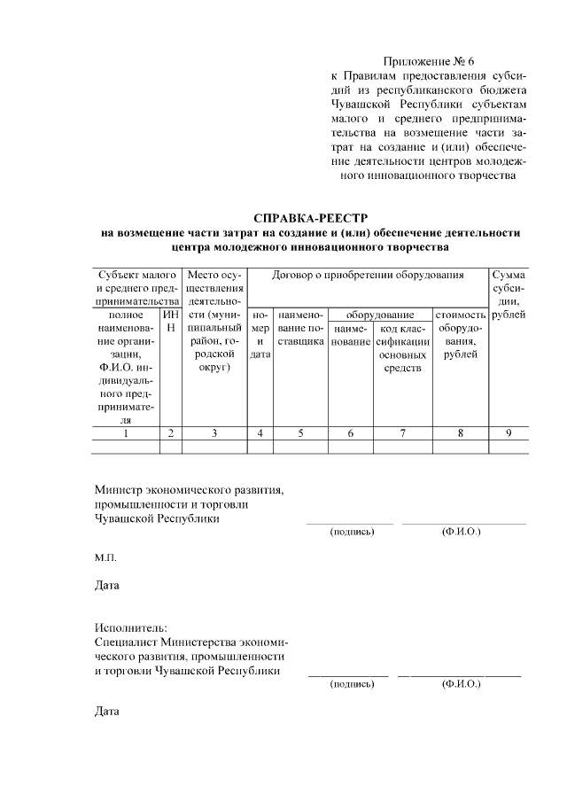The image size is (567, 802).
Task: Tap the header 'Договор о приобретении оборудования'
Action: [368, 275]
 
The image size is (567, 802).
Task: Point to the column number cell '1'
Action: [126, 433]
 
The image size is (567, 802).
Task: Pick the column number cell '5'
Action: [300, 433]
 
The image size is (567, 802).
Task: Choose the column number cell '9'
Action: [508, 433]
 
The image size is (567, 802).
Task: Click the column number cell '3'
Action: [214, 433]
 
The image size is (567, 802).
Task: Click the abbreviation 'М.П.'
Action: [105, 558]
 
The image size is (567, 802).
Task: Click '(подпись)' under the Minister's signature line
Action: [352, 533]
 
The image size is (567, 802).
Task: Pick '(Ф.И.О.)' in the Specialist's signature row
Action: [460, 685]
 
